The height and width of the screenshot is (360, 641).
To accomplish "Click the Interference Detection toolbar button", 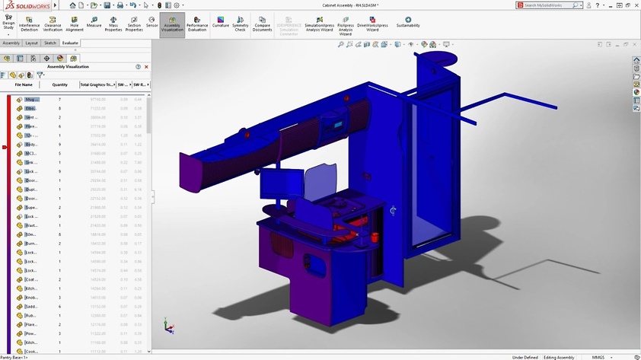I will pyautogui.click(x=29, y=24).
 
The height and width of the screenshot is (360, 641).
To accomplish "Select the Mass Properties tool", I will pyautogui.click(x=113, y=24).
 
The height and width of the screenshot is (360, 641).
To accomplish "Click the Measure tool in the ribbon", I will pyautogui.click(x=94, y=24).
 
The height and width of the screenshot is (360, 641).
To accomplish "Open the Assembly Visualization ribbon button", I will pyautogui.click(x=172, y=24).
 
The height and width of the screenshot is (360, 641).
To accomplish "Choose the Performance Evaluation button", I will pyautogui.click(x=197, y=24).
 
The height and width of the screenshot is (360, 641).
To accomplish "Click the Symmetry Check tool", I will pyautogui.click(x=240, y=24).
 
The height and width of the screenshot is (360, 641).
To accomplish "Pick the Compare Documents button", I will pyautogui.click(x=262, y=24).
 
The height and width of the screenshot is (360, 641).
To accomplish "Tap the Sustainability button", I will pyautogui.click(x=408, y=23).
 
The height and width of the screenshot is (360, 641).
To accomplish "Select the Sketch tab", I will pyautogui.click(x=50, y=43).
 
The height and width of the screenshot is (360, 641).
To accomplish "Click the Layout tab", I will pyautogui.click(x=31, y=43).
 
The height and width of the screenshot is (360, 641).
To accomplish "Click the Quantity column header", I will pyautogui.click(x=59, y=84).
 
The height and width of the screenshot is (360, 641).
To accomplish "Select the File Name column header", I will pyautogui.click(x=24, y=84).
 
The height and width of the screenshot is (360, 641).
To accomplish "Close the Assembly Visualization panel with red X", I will pyautogui.click(x=146, y=67).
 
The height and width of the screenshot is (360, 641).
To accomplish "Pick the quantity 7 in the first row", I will pyautogui.click(x=59, y=100).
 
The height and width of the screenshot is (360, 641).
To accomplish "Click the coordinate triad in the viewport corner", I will pyautogui.click(x=168, y=326).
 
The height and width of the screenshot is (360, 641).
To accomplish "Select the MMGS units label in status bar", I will pyautogui.click(x=598, y=357).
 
